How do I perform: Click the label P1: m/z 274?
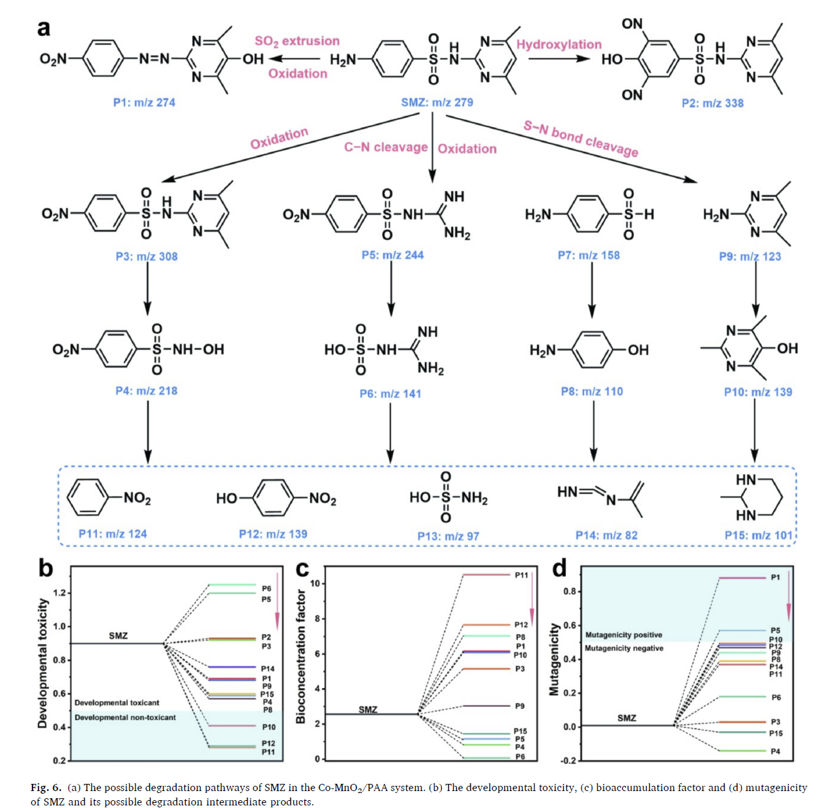(x=144, y=102)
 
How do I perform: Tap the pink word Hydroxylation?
(x=559, y=44)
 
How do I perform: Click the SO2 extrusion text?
(x=297, y=41)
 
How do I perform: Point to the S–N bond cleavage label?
(x=580, y=138)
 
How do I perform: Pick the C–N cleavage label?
(x=386, y=147)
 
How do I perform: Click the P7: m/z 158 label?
(x=589, y=255)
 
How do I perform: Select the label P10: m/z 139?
(x=758, y=392)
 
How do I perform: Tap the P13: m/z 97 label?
(x=448, y=536)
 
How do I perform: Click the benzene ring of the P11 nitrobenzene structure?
(x=85, y=498)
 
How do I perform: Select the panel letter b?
(x=45, y=568)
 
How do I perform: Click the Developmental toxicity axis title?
(x=43, y=663)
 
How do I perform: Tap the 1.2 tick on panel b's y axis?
(x=60, y=593)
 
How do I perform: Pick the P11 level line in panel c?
(x=486, y=575)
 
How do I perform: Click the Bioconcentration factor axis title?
(x=300, y=656)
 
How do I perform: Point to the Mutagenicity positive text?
(x=623, y=635)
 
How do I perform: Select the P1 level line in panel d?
(x=742, y=578)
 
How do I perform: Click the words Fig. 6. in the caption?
(x=46, y=787)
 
